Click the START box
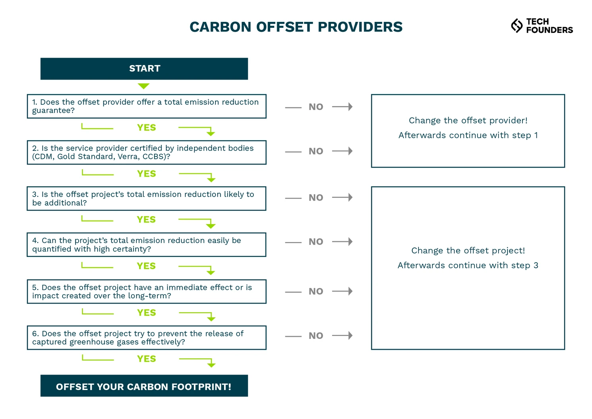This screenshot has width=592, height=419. click(x=144, y=69)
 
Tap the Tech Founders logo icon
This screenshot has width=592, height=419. click(x=517, y=25)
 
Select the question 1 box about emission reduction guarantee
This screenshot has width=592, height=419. click(x=146, y=106)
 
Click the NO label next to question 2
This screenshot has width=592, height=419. click(x=316, y=151)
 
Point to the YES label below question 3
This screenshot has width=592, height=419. click(x=146, y=220)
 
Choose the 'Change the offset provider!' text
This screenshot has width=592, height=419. click(x=468, y=120)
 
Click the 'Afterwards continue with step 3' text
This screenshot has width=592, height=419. click(x=468, y=265)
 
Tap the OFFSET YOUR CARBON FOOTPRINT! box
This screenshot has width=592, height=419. click(x=144, y=386)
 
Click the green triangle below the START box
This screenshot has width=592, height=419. click(x=143, y=86)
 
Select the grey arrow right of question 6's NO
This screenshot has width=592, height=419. click(x=342, y=336)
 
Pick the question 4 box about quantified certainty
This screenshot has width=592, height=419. click(x=146, y=245)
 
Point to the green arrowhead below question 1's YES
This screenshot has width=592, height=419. click(x=211, y=133)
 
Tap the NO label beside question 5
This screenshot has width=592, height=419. click(x=316, y=292)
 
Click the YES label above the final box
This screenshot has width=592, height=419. click(x=146, y=359)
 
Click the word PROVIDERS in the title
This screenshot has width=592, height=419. click(x=360, y=27)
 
